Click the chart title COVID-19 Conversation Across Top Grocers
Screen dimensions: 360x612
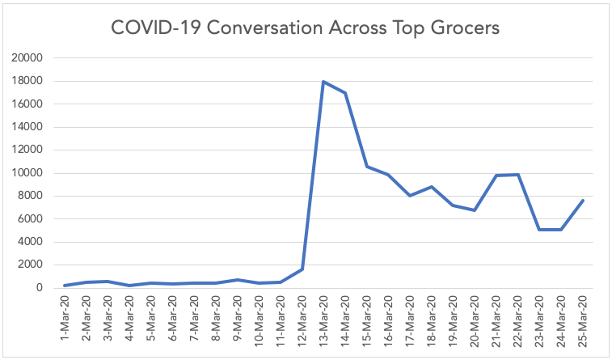point(306,28)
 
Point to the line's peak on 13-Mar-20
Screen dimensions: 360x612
point(323,82)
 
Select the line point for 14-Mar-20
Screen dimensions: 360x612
point(345,93)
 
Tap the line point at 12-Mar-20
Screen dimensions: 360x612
point(302,269)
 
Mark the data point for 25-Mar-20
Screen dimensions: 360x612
point(583,201)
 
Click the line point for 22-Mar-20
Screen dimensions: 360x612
point(517,175)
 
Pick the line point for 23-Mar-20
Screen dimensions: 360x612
point(539,230)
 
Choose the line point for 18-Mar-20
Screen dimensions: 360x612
point(432,187)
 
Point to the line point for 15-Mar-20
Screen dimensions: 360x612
point(367,167)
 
